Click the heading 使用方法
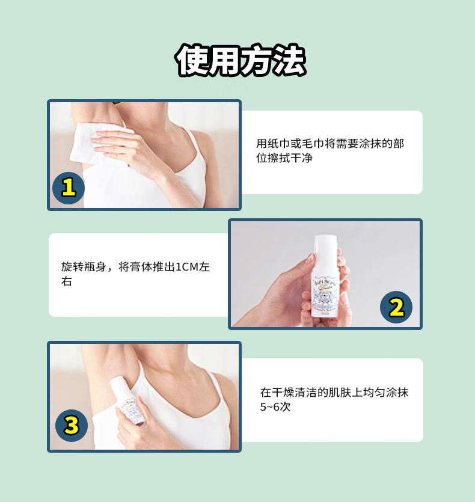[241, 60]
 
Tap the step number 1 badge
[69, 188]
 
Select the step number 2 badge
[396, 307]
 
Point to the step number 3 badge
[72, 426]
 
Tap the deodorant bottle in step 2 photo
[325, 276]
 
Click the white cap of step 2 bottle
[325, 245]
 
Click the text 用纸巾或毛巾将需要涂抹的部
[330, 144]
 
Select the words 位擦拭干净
[284, 158]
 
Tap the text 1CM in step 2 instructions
[187, 267]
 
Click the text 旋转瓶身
[84, 267]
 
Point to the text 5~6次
[275, 407]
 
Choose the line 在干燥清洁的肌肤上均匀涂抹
[334, 392]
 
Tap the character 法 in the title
[290, 60]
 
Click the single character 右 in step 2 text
[67, 281]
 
